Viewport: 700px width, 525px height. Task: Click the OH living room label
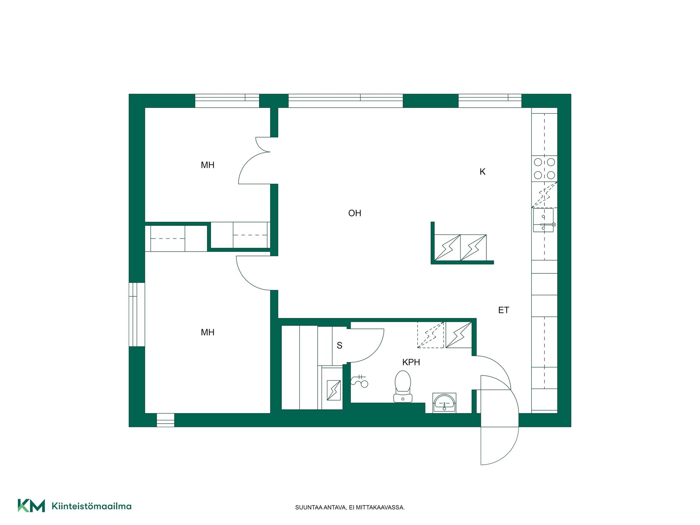[x=354, y=213]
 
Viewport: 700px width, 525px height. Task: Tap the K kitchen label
[x=482, y=172]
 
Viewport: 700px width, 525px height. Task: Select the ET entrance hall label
[x=503, y=310]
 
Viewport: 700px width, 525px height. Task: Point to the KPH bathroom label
[x=411, y=362]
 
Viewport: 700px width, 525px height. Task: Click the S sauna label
[x=339, y=346]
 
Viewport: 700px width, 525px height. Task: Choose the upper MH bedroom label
[x=207, y=165]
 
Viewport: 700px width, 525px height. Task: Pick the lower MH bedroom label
[x=207, y=332]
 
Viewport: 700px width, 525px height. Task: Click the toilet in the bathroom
[x=403, y=386]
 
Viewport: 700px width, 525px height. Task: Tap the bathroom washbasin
[x=444, y=403]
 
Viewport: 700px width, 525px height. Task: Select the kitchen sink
[x=544, y=220]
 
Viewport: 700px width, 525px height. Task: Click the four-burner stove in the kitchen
[x=544, y=168]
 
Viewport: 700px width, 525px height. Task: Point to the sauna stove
[x=334, y=390]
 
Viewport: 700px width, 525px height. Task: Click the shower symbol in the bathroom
[x=359, y=381]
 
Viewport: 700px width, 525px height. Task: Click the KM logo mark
[x=31, y=506]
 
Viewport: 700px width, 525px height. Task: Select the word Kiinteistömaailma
[x=92, y=506]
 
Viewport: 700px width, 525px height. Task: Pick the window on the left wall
[x=137, y=314]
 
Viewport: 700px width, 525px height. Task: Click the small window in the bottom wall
[x=166, y=420]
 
